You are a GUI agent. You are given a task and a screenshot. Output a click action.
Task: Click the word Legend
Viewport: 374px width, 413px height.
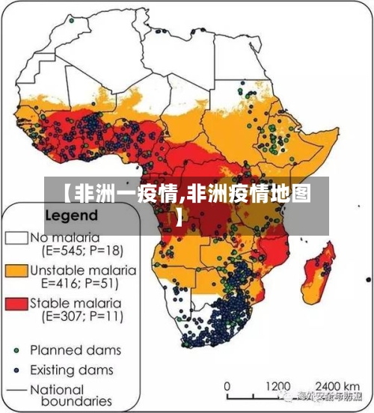click(x=72, y=214)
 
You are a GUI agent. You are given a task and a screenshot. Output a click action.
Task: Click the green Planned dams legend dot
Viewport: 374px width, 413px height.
click(x=16, y=349)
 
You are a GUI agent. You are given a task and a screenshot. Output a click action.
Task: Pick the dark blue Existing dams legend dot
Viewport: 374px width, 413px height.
click(x=16, y=370)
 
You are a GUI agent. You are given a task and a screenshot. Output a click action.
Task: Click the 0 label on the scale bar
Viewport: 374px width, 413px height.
click(x=228, y=386)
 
